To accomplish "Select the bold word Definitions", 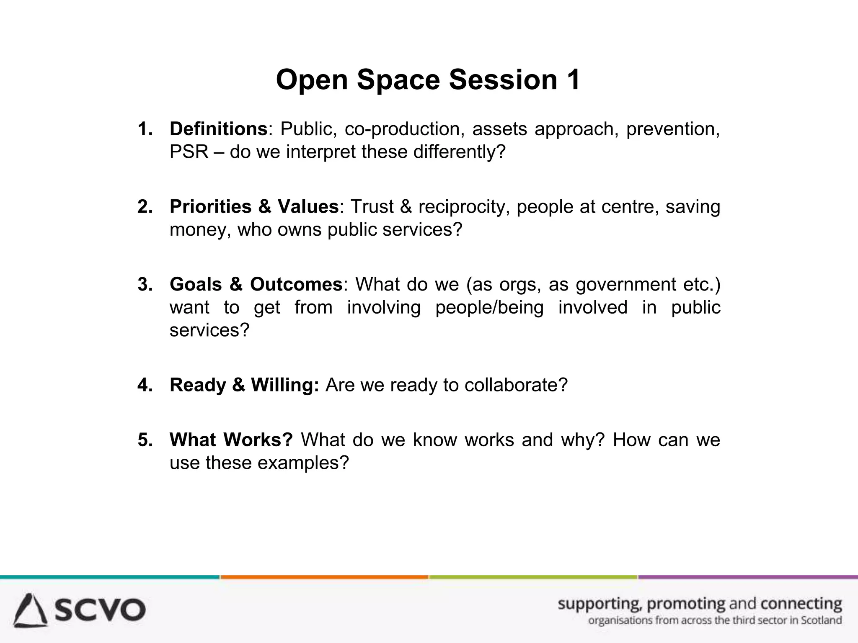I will [x=218, y=129].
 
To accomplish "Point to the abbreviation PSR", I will [x=189, y=152].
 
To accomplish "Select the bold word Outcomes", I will [x=296, y=285].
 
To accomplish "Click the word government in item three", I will [x=626, y=285].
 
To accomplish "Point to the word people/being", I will [x=489, y=307].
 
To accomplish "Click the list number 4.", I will [x=145, y=385].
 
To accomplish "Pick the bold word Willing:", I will [x=285, y=385].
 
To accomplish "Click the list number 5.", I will [x=145, y=440].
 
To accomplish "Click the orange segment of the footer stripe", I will [x=324, y=577].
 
